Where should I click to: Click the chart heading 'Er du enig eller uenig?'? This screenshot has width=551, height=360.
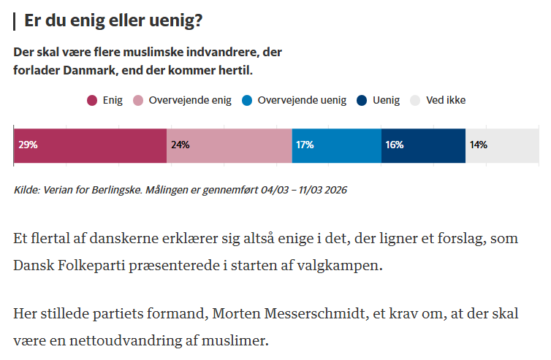click(113, 21)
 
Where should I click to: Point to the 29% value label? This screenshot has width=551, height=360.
click(28, 145)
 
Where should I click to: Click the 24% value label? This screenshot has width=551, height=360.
click(180, 145)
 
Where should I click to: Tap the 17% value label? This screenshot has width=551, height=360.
click(305, 145)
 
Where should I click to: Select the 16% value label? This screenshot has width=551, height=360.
click(394, 145)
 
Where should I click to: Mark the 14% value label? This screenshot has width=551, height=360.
click(479, 145)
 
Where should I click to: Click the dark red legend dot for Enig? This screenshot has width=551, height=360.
click(92, 101)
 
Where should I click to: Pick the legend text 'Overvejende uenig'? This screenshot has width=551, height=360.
click(302, 101)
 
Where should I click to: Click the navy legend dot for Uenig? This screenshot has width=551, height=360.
click(362, 101)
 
